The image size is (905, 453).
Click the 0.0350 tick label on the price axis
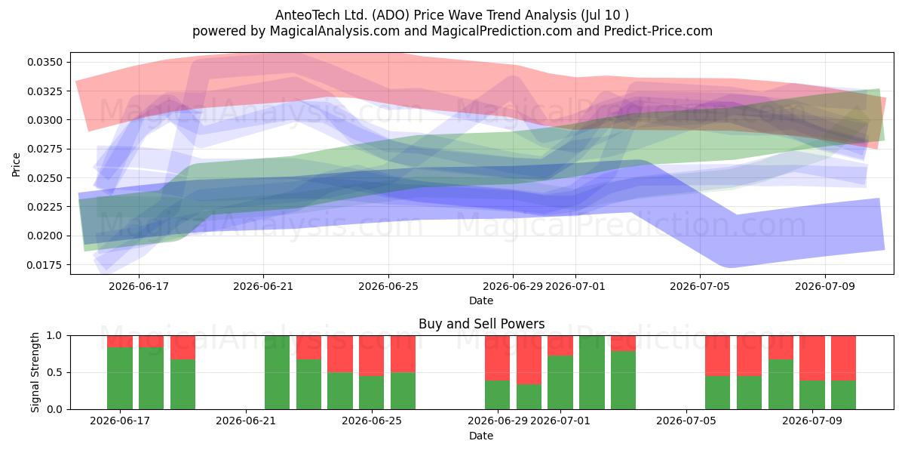[x=44, y=62]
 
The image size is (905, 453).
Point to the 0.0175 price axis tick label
[x=44, y=265]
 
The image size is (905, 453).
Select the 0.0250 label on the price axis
[x=44, y=178]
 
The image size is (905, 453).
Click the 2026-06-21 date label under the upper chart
[x=263, y=286]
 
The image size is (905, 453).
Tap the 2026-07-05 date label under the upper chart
[x=700, y=286]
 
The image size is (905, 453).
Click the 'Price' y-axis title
[x=16, y=165]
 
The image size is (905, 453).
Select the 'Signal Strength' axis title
[x=35, y=372]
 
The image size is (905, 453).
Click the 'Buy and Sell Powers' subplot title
[x=482, y=324]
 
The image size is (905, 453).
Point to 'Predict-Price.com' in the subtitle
[x=658, y=31]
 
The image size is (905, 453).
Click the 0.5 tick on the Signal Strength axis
[x=54, y=372]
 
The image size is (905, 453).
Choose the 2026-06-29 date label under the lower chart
[x=497, y=421]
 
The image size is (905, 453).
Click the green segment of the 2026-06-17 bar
[x=120, y=378]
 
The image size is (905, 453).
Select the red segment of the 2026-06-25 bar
[x=371, y=356]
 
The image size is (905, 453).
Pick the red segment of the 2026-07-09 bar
[x=812, y=358]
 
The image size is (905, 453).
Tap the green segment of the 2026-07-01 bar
[x=560, y=382]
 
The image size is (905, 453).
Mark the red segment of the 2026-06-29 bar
[x=497, y=358]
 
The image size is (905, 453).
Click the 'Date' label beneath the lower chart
[x=481, y=436]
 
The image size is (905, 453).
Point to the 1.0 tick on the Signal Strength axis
[x=54, y=336]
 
